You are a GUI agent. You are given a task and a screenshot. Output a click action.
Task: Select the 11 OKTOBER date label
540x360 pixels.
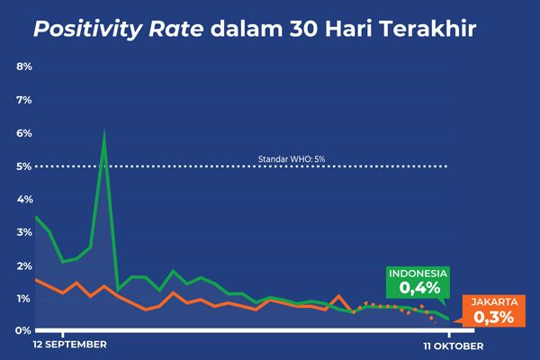pyautogui.click(x=454, y=345)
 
